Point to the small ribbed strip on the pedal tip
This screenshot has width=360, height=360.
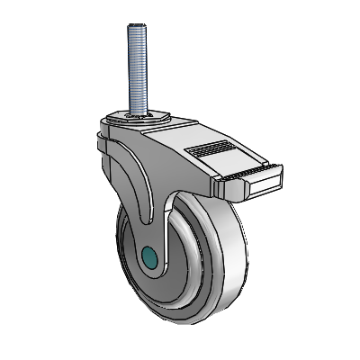[x=229, y=171]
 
